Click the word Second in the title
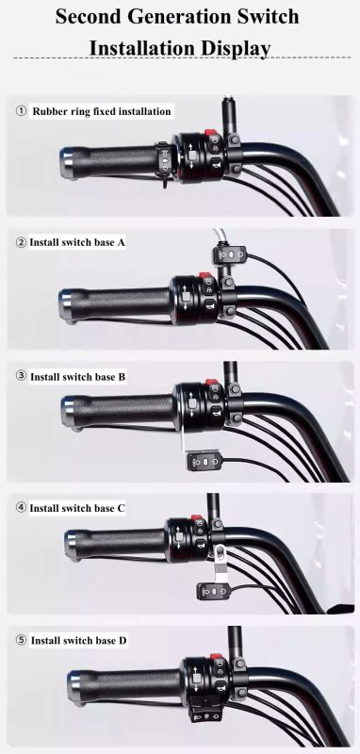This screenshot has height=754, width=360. pos(91,16)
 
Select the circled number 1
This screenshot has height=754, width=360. pos(21,111)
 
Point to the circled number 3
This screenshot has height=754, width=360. pos(21,376)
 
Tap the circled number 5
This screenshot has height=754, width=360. pos(21,640)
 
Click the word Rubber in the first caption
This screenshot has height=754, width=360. pos(54,111)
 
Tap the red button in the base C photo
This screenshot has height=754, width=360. pos(197,518)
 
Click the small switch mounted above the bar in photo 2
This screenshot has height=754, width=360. pos(226,253)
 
